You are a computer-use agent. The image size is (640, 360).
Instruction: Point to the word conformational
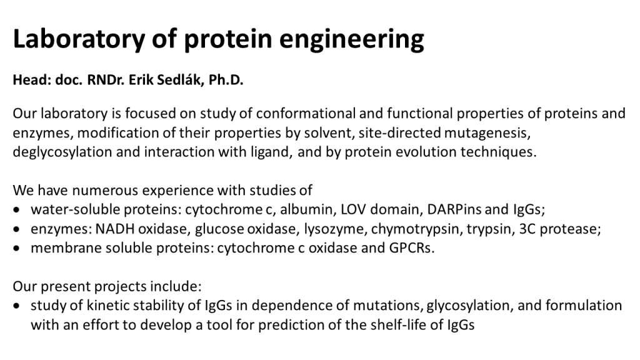point(295,114)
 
